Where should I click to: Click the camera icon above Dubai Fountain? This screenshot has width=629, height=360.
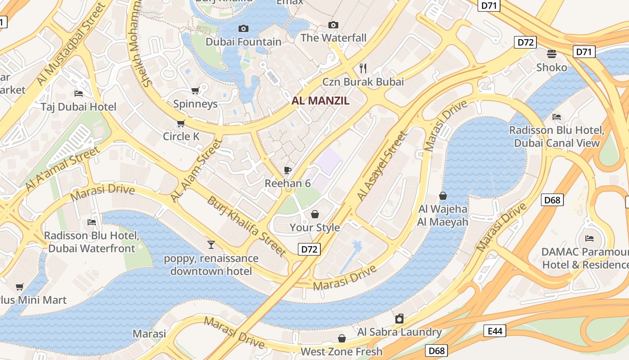click(x=243, y=29)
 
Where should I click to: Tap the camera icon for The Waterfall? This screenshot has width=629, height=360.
click(x=333, y=25)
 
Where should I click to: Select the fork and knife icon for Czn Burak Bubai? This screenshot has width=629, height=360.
click(x=363, y=68)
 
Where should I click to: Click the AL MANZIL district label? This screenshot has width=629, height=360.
click(x=320, y=101)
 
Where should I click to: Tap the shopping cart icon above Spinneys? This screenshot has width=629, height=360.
click(x=195, y=91)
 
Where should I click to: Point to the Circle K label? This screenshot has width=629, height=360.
click(x=181, y=136)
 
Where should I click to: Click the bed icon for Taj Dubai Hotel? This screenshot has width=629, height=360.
click(x=79, y=94)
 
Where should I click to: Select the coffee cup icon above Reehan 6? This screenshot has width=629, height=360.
click(x=288, y=170)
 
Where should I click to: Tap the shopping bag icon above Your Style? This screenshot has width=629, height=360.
click(x=314, y=214)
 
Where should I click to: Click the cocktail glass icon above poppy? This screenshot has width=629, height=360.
click(x=211, y=245)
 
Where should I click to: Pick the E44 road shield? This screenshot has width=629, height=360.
click(x=495, y=331)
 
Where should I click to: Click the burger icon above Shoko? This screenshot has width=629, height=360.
click(x=552, y=54)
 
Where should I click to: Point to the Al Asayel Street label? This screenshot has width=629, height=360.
click(x=382, y=166)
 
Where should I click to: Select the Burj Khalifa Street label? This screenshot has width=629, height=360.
click(x=246, y=226)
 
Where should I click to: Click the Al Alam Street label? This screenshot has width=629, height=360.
click(x=196, y=171)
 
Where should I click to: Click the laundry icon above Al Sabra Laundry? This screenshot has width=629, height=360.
click(x=399, y=319)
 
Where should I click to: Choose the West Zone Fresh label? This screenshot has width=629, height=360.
click(x=341, y=351)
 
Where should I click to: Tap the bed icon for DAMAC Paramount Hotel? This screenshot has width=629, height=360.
click(x=589, y=238)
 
